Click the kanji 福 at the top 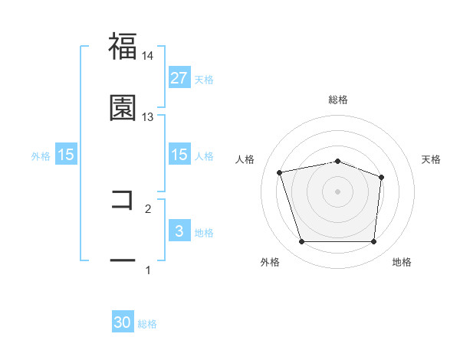(123, 46)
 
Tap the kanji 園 (123, 108)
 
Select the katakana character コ (123, 200)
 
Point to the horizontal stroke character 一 (123, 261)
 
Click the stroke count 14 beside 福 (147, 56)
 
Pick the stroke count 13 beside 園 (147, 117)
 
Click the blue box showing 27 (179, 78)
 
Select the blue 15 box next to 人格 (179, 155)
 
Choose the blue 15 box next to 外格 (66, 155)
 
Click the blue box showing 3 (179, 231)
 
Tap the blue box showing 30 (123, 323)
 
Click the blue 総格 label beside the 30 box (148, 324)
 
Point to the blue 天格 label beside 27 (204, 79)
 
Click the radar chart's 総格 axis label (338, 100)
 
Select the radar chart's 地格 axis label (402, 262)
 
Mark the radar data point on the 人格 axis (281, 172)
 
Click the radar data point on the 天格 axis (381, 177)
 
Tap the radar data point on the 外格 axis (301, 242)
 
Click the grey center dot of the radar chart (338, 191)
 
